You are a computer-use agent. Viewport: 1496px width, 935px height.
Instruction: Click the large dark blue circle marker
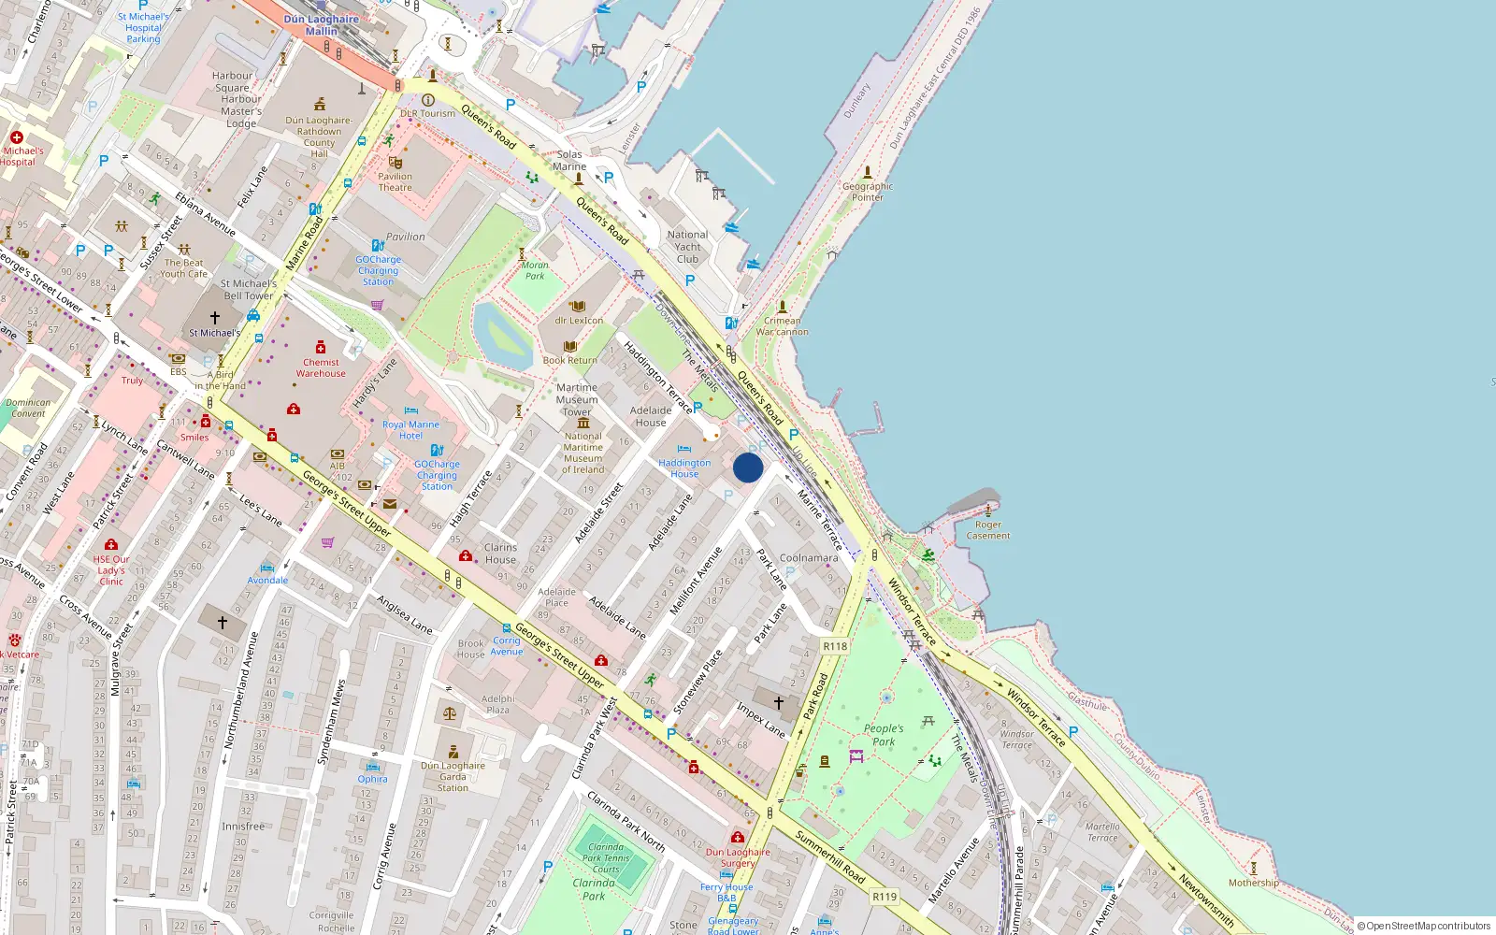click(x=748, y=467)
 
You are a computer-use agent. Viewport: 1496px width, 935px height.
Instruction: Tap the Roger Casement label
click(x=988, y=530)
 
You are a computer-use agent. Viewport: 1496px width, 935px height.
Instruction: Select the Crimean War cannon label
click(x=782, y=326)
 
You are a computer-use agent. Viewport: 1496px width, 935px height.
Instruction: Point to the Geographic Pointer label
click(x=868, y=192)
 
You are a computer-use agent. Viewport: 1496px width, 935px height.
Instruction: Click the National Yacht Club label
click(x=687, y=247)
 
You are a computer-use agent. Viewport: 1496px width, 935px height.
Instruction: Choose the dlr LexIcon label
click(x=579, y=320)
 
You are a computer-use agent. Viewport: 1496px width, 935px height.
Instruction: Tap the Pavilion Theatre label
click(x=396, y=181)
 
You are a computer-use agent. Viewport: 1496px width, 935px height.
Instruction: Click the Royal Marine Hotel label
click(x=410, y=430)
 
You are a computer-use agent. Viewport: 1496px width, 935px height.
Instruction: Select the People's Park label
click(x=884, y=735)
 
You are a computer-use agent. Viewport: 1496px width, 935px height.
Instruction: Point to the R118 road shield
click(x=835, y=646)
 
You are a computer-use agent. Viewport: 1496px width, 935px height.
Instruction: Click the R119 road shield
click(x=885, y=897)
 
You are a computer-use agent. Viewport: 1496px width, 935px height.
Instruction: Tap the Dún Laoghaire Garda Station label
click(x=453, y=776)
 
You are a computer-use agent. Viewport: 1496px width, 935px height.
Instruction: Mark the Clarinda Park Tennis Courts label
click(x=606, y=858)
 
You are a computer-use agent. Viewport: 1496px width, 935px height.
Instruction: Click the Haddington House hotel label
click(x=684, y=468)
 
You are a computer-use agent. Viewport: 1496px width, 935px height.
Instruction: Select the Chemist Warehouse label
click(x=321, y=367)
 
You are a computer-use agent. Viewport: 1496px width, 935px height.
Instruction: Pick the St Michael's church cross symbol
click(x=215, y=318)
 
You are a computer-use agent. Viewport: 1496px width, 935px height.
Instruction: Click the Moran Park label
click(x=535, y=270)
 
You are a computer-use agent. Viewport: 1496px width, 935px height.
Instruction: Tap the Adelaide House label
click(x=651, y=416)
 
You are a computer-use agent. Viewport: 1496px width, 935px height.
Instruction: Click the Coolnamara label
click(x=809, y=558)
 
